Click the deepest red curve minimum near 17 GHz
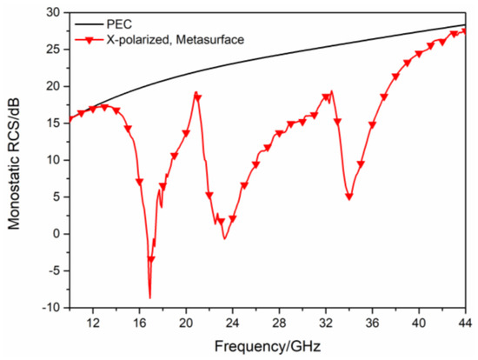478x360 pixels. point(149,297)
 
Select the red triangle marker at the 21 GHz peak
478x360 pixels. point(197,97)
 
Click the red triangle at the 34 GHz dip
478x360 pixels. point(349,197)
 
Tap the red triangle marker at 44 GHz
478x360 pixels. point(465,31)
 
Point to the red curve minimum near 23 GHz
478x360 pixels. point(224,238)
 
